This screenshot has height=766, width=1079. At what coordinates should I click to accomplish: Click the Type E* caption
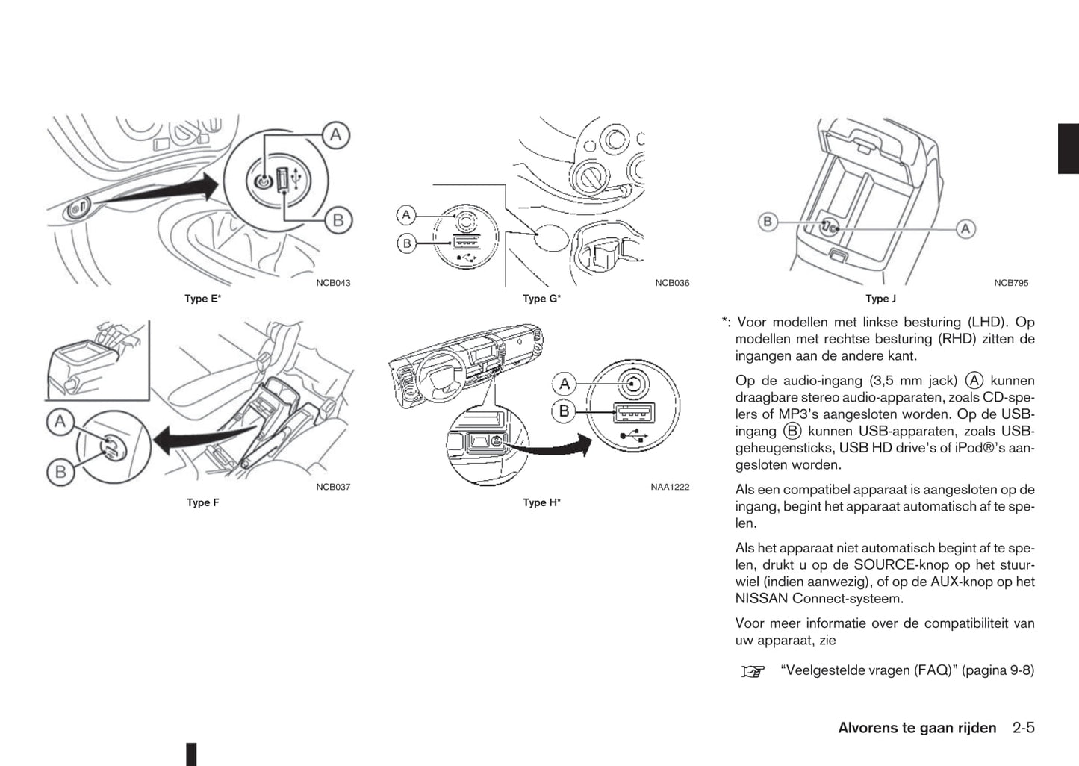click(x=202, y=299)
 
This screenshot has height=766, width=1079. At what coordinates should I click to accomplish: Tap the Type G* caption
click(x=541, y=299)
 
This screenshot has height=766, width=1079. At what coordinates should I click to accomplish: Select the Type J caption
click(x=880, y=299)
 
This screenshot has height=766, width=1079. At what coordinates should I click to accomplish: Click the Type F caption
click(x=203, y=502)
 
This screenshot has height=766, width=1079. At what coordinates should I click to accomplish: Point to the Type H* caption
click(x=541, y=502)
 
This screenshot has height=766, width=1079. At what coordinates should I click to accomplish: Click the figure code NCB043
click(x=333, y=283)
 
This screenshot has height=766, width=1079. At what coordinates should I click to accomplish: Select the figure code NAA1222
click(x=670, y=487)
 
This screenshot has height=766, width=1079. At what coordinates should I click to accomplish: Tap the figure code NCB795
click(x=1011, y=283)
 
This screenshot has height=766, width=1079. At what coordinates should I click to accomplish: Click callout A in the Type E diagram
click(x=336, y=135)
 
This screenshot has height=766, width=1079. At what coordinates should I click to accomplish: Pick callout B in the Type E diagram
click(x=338, y=219)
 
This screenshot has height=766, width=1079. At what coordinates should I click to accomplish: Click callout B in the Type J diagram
click(x=768, y=222)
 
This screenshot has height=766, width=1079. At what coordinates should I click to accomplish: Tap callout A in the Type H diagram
click(x=565, y=384)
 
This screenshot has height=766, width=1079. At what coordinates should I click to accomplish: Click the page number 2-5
click(x=1024, y=728)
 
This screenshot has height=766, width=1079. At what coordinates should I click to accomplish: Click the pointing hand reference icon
click(x=753, y=671)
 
